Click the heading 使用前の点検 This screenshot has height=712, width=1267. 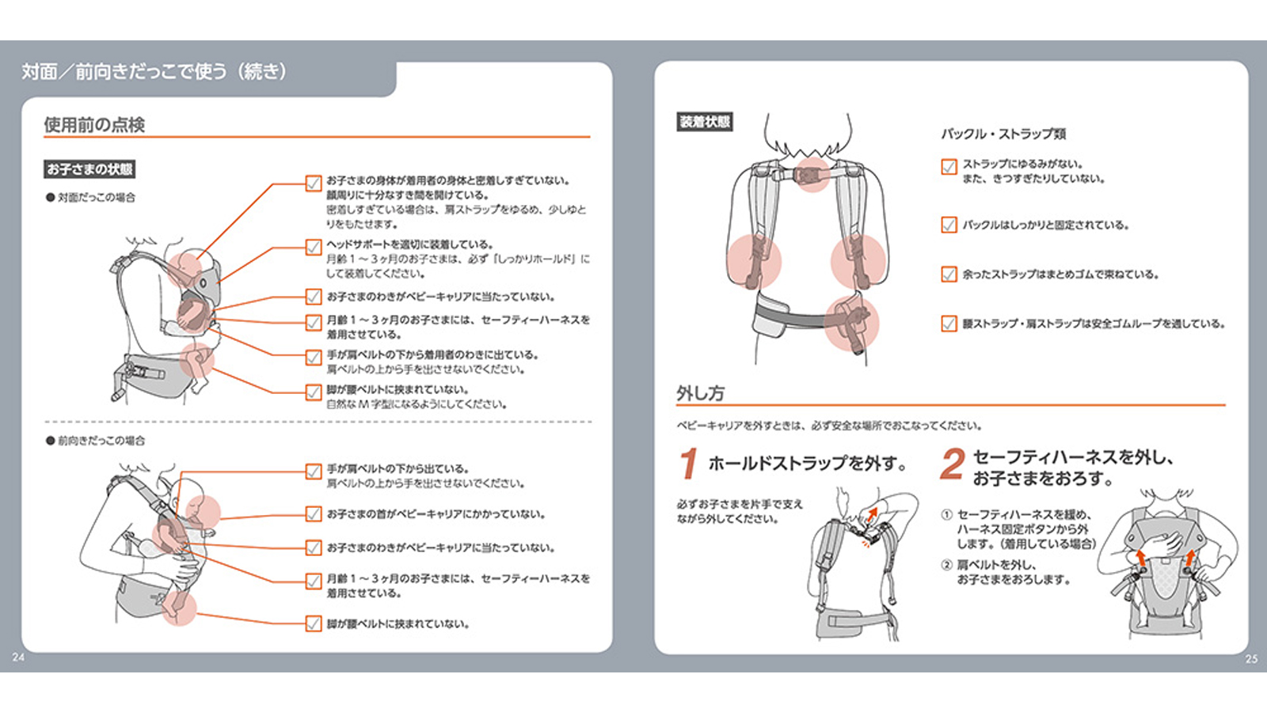(94, 125)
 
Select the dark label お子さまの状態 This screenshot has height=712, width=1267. (89, 169)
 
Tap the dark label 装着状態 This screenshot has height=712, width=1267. (705, 122)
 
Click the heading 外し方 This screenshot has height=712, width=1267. (700, 393)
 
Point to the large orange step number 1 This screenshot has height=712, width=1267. (689, 464)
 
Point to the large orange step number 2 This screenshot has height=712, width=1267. (952, 464)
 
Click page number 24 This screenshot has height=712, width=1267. (18, 657)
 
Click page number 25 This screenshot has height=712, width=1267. (1251, 659)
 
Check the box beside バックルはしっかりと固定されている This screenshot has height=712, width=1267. (949, 225)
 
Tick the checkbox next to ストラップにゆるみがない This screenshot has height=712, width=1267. (949, 167)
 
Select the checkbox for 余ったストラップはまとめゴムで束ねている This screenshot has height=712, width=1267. (949, 275)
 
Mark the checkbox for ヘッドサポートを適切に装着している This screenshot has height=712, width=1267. (314, 247)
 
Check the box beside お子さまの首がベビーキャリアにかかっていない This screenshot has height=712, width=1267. (314, 514)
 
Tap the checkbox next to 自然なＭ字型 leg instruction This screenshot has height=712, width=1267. (314, 392)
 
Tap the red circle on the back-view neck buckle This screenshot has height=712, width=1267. (812, 173)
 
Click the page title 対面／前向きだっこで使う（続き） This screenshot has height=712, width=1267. (154, 72)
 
